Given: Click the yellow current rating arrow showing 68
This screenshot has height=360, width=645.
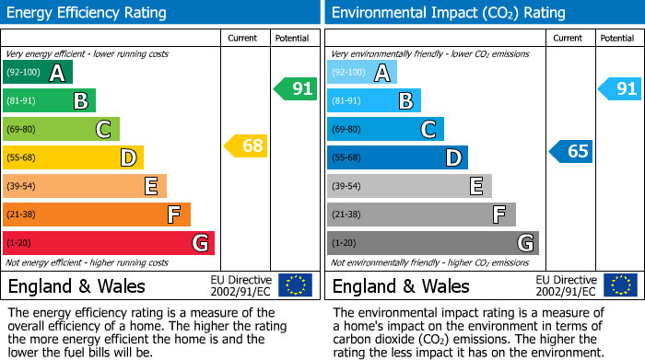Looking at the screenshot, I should click(245, 145).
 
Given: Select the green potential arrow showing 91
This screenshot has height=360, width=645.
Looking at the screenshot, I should click(295, 89).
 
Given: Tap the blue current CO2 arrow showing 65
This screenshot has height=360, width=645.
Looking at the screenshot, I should click(570, 151).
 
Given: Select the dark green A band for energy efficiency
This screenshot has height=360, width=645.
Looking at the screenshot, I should click(38, 73).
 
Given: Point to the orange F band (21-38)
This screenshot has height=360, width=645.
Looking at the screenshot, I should click(97, 215).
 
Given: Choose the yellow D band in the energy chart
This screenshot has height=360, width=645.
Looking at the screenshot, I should click(73, 157).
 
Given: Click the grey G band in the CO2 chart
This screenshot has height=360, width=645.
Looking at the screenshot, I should click(432, 243).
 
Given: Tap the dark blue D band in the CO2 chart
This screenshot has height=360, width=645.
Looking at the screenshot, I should click(397, 157).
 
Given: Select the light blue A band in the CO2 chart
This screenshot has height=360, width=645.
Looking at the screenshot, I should click(362, 73).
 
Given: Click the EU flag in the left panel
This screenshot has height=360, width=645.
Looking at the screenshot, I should click(295, 285).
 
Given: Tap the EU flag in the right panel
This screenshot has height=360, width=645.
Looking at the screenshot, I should click(619, 285).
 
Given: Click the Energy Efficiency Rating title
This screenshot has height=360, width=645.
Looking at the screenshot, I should click(88, 13).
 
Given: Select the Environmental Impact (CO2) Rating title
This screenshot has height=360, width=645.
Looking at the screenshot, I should click(448, 13).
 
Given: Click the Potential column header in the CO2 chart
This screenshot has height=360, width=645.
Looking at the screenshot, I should click(617, 38).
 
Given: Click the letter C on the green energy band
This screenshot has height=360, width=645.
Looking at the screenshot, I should click(104, 130).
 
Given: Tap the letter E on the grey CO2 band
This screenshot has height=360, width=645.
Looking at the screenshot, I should click(476, 186).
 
